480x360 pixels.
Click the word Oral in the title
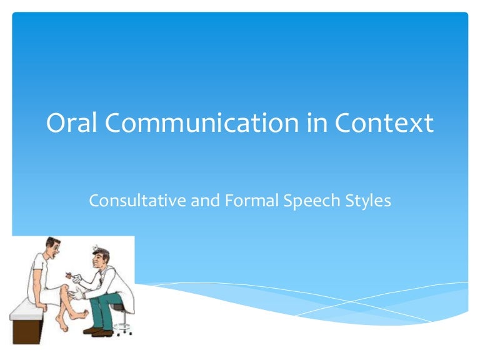click(x=71, y=122)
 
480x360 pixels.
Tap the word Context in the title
click(x=384, y=122)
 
